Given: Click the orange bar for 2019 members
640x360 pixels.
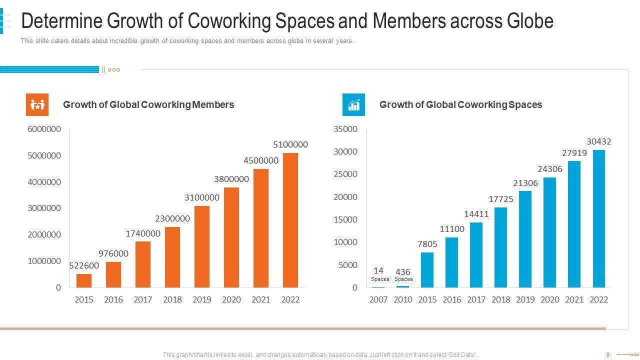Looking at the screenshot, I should tap(201, 246).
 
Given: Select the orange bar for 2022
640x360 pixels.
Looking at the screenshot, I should tap(290, 220).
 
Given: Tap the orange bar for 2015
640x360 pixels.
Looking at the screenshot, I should tap(84, 280).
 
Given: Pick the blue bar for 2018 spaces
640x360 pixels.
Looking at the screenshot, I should tap(500, 247).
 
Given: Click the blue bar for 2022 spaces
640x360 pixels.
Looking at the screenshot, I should tap(598, 218).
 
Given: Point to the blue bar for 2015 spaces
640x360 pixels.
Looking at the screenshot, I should tap(427, 270).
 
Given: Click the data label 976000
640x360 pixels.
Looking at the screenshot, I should tap(113, 253).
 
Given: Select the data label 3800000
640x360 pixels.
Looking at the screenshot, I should tap(231, 179).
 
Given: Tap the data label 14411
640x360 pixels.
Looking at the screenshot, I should tap(476, 214).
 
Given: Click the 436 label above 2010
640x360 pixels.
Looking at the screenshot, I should tap(403, 272).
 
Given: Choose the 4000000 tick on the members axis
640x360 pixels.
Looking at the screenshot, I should tap(44, 182).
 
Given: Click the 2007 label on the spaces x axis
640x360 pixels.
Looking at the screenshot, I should tap(378, 299).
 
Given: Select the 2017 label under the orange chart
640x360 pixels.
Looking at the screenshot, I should tap(143, 299).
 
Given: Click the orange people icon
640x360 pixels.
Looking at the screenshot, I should tap(37, 104).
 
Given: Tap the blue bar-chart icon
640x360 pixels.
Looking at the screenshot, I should tap(353, 104).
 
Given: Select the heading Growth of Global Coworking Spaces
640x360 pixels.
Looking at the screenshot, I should tap(460, 104).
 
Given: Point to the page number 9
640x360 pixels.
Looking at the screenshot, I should tap(608, 355).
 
